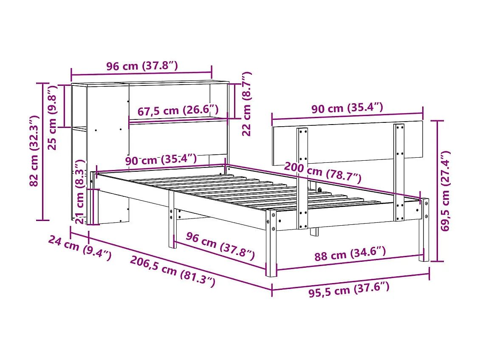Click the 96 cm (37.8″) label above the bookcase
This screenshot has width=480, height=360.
(x=141, y=66)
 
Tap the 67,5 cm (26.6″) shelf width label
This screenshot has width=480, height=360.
(x=178, y=111)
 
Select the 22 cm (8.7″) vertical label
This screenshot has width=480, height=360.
(x=246, y=104)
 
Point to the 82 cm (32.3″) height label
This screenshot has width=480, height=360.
(x=35, y=151)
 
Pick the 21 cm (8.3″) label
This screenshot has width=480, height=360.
(x=79, y=192)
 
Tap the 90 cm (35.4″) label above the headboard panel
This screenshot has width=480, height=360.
(x=347, y=108)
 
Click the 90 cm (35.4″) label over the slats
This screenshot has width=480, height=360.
(x=161, y=160)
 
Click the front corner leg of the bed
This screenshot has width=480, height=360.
(x=271, y=242)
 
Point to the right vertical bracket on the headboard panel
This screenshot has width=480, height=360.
(x=399, y=172)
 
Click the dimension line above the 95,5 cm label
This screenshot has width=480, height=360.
(x=350, y=281)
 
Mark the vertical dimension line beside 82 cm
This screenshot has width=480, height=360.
(x=43, y=151)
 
